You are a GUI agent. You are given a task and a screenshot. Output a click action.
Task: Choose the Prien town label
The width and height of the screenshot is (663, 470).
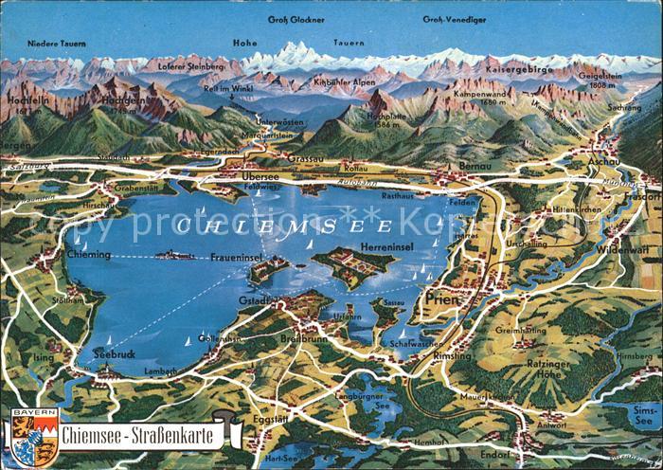coord(441,298)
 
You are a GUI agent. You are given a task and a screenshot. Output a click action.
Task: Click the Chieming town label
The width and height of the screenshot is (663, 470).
coord(90,254)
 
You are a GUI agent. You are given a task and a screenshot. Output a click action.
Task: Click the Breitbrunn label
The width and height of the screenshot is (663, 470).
coord(302,338)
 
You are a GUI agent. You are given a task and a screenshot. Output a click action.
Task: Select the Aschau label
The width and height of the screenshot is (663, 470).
coord(604,163)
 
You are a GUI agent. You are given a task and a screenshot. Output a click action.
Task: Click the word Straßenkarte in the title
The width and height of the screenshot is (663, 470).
coord(171,437)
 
